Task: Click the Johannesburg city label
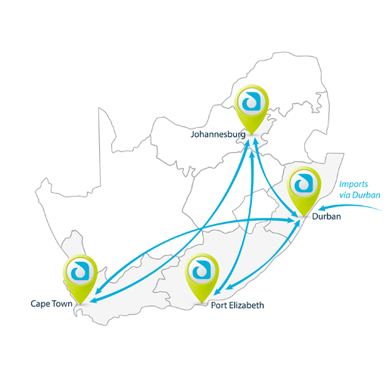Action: point(218,135)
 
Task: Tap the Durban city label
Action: point(326,216)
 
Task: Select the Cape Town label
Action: point(51,303)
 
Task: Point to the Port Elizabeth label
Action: point(238,306)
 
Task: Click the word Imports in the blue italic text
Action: point(353,185)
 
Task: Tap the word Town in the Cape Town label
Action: point(62,303)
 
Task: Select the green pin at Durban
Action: point(304,191)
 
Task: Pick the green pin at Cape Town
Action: point(80,279)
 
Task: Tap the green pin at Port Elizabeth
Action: point(201,278)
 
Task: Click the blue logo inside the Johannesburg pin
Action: point(251,101)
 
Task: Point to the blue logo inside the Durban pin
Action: point(303,183)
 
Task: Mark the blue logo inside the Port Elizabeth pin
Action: point(201,270)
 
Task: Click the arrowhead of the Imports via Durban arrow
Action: point(321,208)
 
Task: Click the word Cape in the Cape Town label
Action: point(40,304)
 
